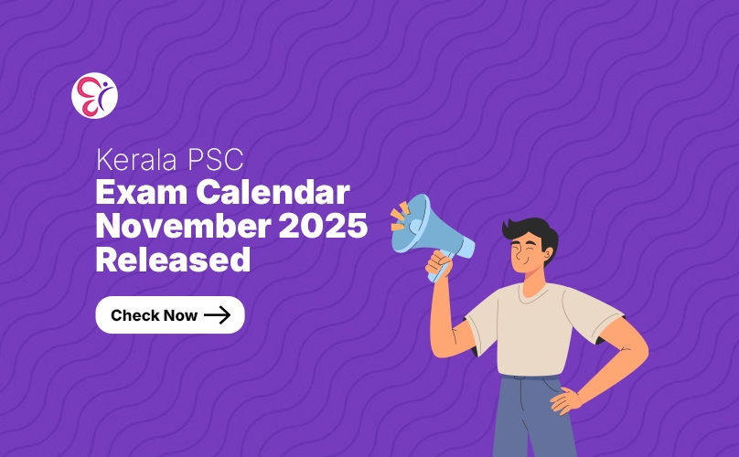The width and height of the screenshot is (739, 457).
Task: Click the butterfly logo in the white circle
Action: tap(94, 96)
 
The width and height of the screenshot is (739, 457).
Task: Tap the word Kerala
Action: tap(136, 160)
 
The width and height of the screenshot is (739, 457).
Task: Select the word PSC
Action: tap(215, 160)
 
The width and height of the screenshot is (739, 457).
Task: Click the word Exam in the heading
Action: tap(142, 192)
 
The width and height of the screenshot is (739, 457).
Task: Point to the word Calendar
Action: tap(273, 192)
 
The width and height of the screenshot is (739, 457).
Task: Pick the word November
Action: tap(183, 226)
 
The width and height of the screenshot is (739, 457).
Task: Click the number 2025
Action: tap(323, 226)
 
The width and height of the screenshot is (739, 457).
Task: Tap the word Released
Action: tap(173, 260)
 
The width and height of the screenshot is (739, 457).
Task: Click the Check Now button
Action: tap(170, 314)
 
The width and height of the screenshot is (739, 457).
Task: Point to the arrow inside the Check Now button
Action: tap(218, 314)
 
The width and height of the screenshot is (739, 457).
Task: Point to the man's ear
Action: tap(547, 255)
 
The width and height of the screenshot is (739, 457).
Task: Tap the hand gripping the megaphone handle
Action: tap(439, 265)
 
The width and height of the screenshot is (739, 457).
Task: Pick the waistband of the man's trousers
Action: tap(530, 377)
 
